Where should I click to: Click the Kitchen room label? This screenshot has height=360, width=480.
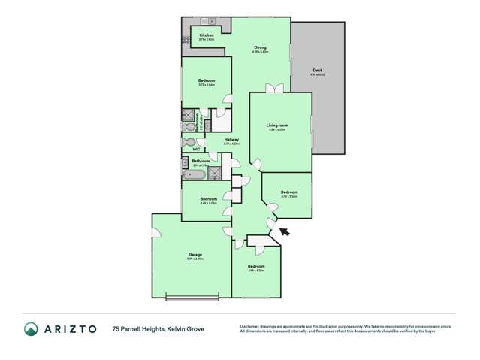(207, 35)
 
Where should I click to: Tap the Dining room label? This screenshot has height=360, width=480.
(260, 47)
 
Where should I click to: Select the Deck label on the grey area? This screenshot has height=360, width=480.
(318, 70)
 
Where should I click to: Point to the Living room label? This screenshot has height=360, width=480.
(278, 125)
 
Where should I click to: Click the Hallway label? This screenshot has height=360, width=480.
(231, 139)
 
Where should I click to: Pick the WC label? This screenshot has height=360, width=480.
(195, 149)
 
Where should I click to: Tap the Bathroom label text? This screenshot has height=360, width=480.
(201, 161)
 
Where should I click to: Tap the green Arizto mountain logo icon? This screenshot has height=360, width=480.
(31, 328)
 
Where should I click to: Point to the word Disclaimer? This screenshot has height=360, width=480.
(252, 325)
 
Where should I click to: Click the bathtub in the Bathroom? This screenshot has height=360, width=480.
(194, 174)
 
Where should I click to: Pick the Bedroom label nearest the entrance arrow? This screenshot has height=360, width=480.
(289, 192)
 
